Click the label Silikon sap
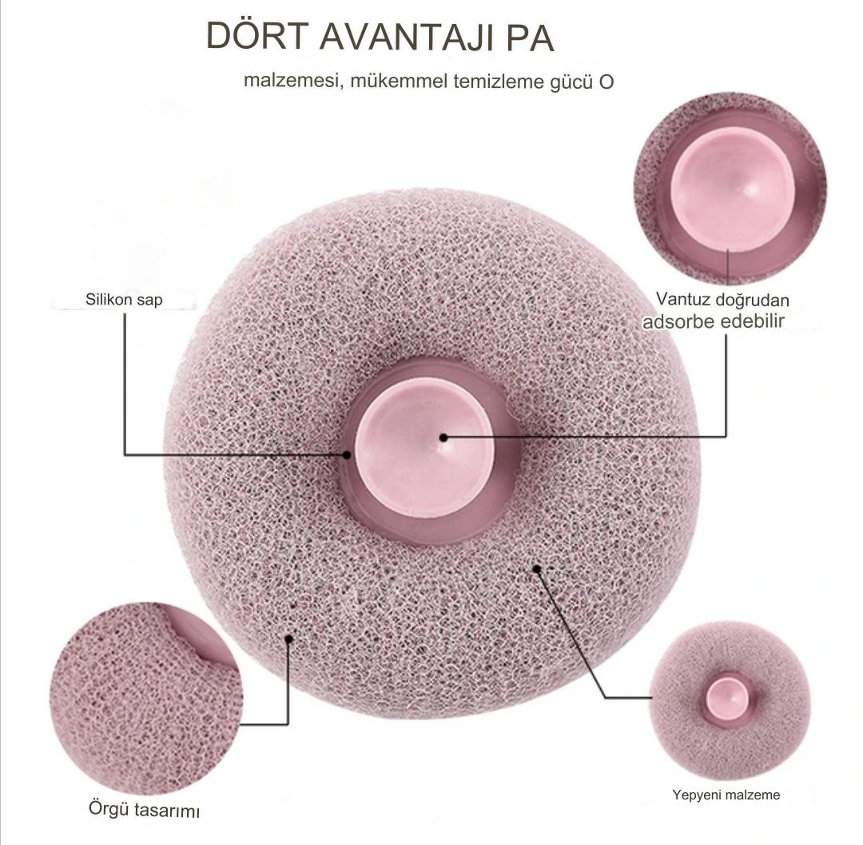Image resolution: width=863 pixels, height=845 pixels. click(124, 301)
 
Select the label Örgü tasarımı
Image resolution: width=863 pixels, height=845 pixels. click(144, 809)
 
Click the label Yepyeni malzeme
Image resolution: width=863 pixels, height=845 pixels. click(726, 795)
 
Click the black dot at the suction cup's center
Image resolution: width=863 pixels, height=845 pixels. click(443, 436)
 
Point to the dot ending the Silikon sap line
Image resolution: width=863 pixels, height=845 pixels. click(347, 454)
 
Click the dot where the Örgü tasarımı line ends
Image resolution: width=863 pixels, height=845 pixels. click(288, 638)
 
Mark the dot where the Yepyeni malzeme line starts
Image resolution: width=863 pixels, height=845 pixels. click(538, 569)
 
